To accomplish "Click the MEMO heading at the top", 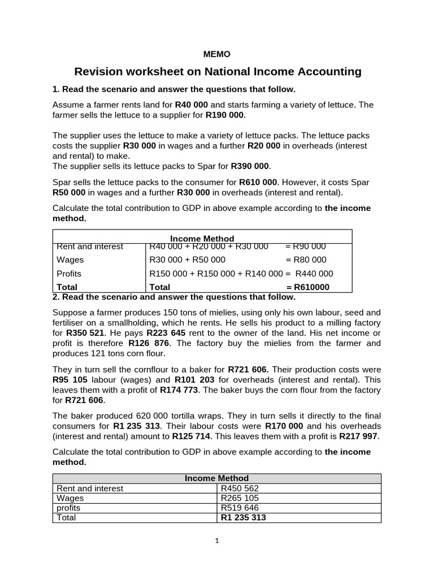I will [216, 54].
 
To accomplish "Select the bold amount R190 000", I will [225, 115].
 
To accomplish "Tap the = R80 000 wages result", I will [306, 260].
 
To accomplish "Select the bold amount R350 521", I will [85, 333].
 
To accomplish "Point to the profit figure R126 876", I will [147, 343].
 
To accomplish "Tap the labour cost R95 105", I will [71, 380].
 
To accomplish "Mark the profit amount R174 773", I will [179, 390].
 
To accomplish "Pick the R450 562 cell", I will [240, 489].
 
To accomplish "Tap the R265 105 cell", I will [240, 498].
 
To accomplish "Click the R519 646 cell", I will [240, 508].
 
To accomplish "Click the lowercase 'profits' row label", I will [68, 508].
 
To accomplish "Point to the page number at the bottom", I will [216, 541].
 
